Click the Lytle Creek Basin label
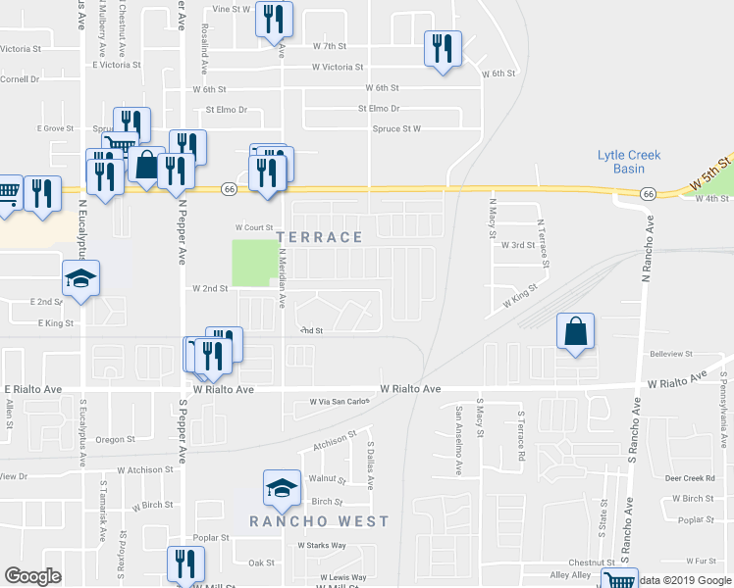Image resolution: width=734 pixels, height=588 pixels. coord(629,162)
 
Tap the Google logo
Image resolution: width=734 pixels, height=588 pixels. coord(32,577)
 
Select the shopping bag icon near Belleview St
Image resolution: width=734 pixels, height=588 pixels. coord(576,331)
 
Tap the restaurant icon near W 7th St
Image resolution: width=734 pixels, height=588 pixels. coord(442,48)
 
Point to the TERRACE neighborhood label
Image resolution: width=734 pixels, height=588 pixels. coord(320,237)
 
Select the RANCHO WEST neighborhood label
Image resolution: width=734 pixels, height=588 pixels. coord(319,521)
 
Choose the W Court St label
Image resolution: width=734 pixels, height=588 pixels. coord(252,227)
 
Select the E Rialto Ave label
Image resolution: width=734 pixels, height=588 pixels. coord(32,389)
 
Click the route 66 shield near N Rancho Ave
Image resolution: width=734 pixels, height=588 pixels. coord(649,195)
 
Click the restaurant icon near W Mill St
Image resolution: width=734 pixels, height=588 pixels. coord(185,565)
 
